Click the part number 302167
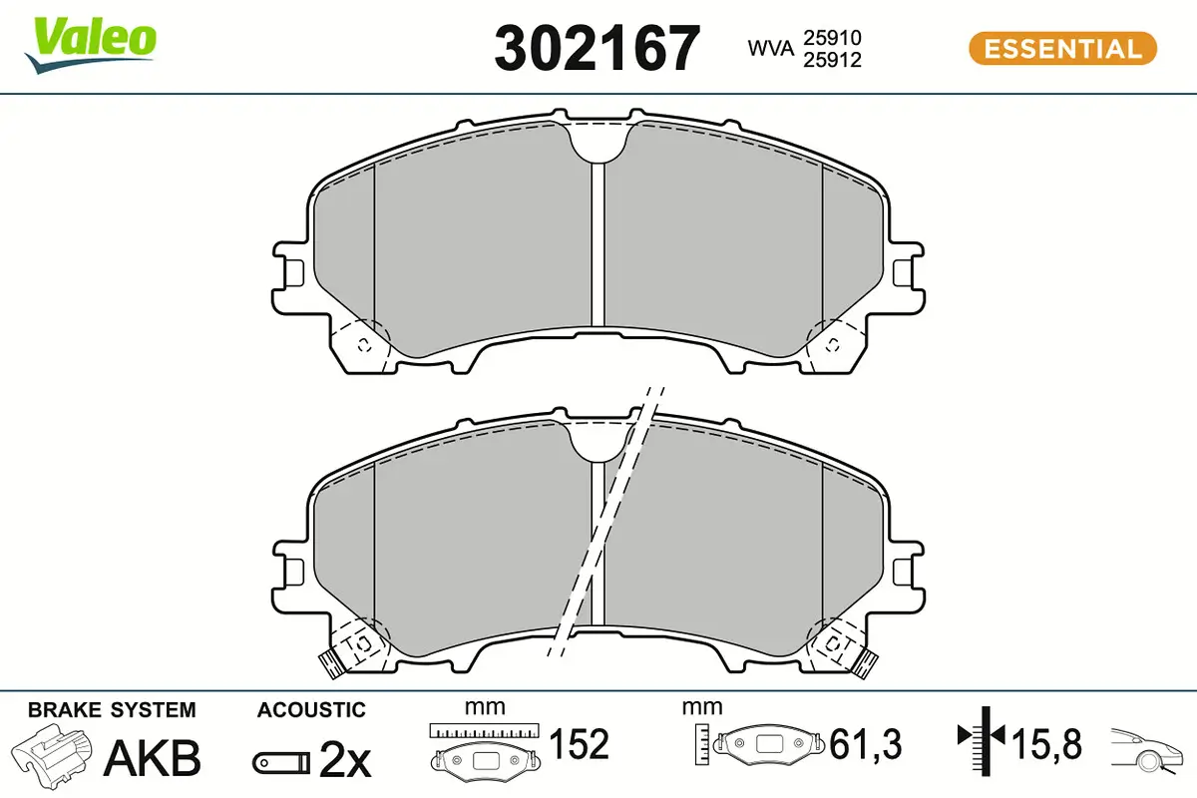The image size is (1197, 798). [597, 48]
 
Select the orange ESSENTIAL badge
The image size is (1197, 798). [1063, 49]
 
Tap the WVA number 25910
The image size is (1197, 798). [833, 38]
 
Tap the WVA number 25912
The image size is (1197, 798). [833, 60]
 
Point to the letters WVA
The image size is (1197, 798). [770, 48]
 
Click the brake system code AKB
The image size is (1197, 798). [153, 758]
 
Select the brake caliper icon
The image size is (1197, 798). [52, 751]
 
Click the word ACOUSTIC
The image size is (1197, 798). [311, 710]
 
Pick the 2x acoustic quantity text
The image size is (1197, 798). [345, 759]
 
